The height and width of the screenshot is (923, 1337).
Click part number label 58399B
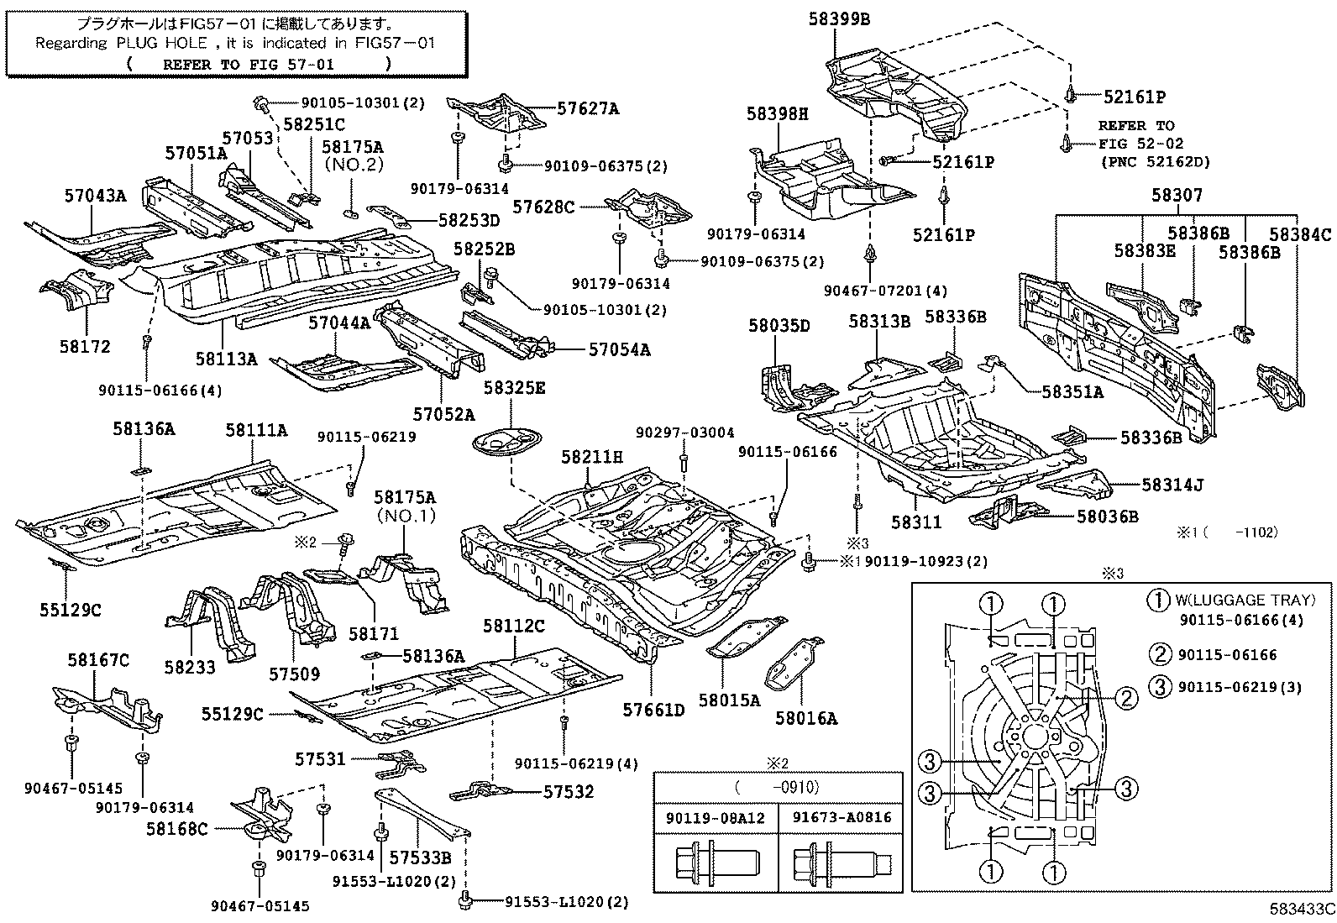[x=839, y=18]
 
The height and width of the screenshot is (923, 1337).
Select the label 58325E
[x=514, y=387]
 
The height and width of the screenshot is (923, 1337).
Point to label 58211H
[x=592, y=457]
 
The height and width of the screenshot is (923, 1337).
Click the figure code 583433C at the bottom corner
[x=1301, y=908]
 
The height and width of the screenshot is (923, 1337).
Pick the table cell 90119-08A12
[x=716, y=816]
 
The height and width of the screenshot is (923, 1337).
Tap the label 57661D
[x=653, y=711]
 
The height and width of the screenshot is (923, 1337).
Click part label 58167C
[x=98, y=661]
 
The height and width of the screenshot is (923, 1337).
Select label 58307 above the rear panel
[x=1176, y=196]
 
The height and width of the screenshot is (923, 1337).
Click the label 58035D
[x=779, y=326]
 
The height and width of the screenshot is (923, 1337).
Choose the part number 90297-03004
[x=684, y=433]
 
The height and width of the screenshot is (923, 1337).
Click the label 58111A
[x=256, y=430]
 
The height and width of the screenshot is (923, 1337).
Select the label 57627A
[x=588, y=108]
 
